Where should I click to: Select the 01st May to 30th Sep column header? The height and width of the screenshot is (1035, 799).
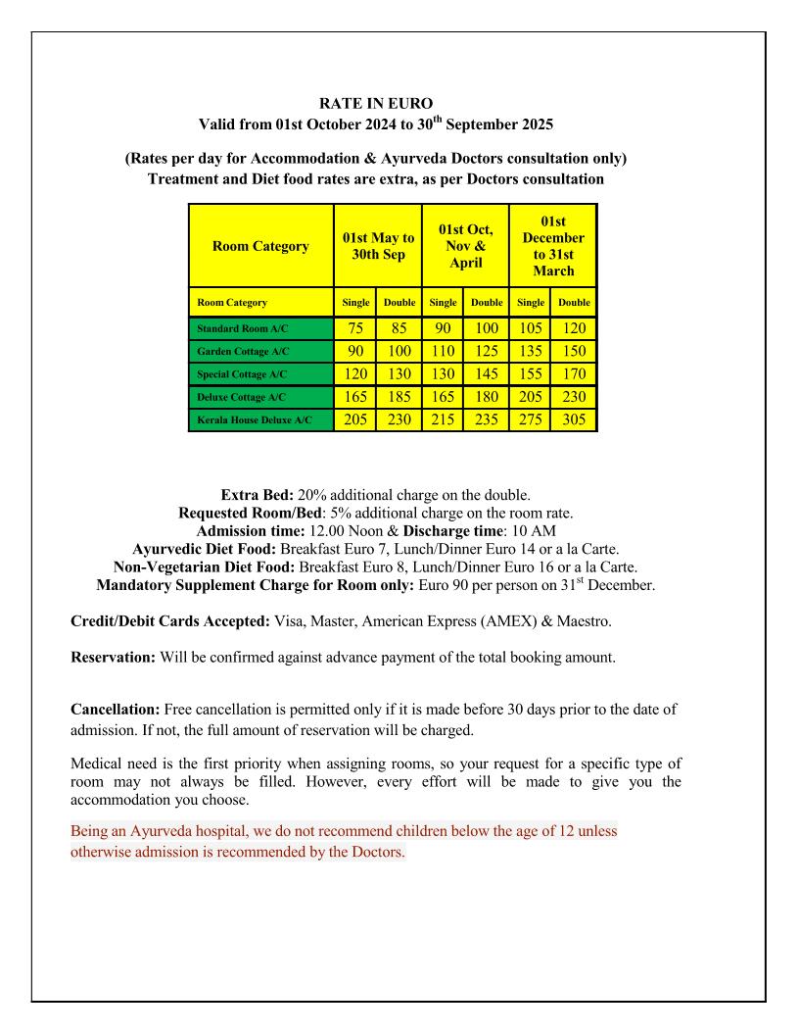point(378,246)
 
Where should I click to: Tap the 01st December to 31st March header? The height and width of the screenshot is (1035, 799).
point(552,246)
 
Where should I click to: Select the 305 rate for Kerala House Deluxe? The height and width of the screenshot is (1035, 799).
point(574,420)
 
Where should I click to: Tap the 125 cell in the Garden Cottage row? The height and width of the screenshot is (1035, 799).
point(487,350)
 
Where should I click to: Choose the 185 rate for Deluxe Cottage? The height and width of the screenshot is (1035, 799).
point(399,397)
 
